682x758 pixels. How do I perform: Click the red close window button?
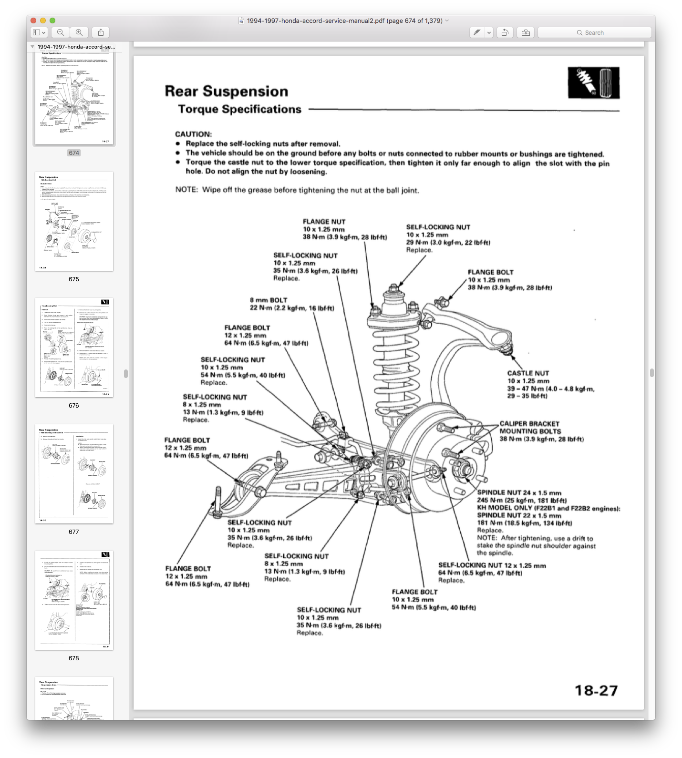33,20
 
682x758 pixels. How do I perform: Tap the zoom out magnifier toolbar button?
61,32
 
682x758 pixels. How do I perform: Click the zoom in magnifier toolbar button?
79,32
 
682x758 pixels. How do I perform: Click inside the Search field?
594,32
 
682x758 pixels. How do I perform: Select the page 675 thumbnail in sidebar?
74,221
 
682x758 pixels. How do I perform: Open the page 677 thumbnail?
74,474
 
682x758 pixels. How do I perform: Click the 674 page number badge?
74,153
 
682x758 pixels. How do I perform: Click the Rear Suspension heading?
227,91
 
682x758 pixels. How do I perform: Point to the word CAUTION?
193,134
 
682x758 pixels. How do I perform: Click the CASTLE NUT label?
528,373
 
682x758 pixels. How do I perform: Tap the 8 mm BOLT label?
269,300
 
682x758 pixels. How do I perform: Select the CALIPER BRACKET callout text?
529,424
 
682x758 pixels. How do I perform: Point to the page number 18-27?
596,690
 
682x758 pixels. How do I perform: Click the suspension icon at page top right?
593,83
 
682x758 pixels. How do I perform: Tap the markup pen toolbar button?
476,32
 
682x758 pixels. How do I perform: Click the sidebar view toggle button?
39,32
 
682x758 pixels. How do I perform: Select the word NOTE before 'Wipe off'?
186,190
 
